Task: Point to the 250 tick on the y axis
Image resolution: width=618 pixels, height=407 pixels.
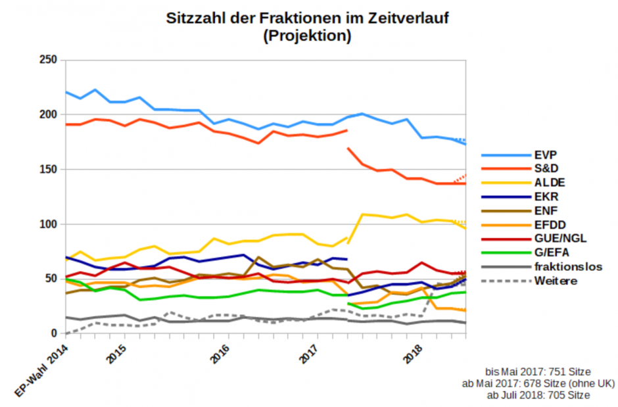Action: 48,60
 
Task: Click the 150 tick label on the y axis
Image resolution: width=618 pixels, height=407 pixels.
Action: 48,170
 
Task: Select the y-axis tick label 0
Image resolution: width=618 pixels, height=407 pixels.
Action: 55,333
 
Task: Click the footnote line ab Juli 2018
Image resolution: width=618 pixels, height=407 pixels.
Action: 538,395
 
